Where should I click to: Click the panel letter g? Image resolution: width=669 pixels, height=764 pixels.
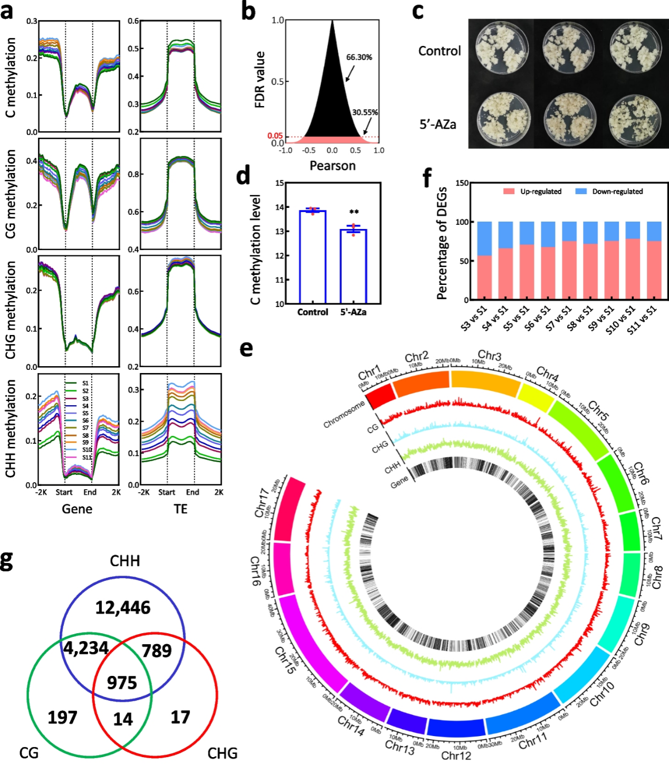pos(6,560)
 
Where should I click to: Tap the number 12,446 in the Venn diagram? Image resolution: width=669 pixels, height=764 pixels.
pos(122,608)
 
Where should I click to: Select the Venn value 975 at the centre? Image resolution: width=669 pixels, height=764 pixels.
pos(122,683)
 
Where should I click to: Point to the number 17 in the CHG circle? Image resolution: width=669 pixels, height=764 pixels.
pos(180,717)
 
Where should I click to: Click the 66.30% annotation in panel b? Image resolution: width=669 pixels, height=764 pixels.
pos(359,57)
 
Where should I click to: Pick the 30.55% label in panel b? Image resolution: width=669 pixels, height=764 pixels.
pos(365,112)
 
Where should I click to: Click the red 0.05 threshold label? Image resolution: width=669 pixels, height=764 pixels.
pos(275,136)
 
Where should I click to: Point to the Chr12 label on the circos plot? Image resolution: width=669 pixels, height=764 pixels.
pos(456,756)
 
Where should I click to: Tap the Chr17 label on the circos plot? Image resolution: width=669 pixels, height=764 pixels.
pos(262,503)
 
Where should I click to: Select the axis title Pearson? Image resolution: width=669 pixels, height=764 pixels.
pos(332,166)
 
